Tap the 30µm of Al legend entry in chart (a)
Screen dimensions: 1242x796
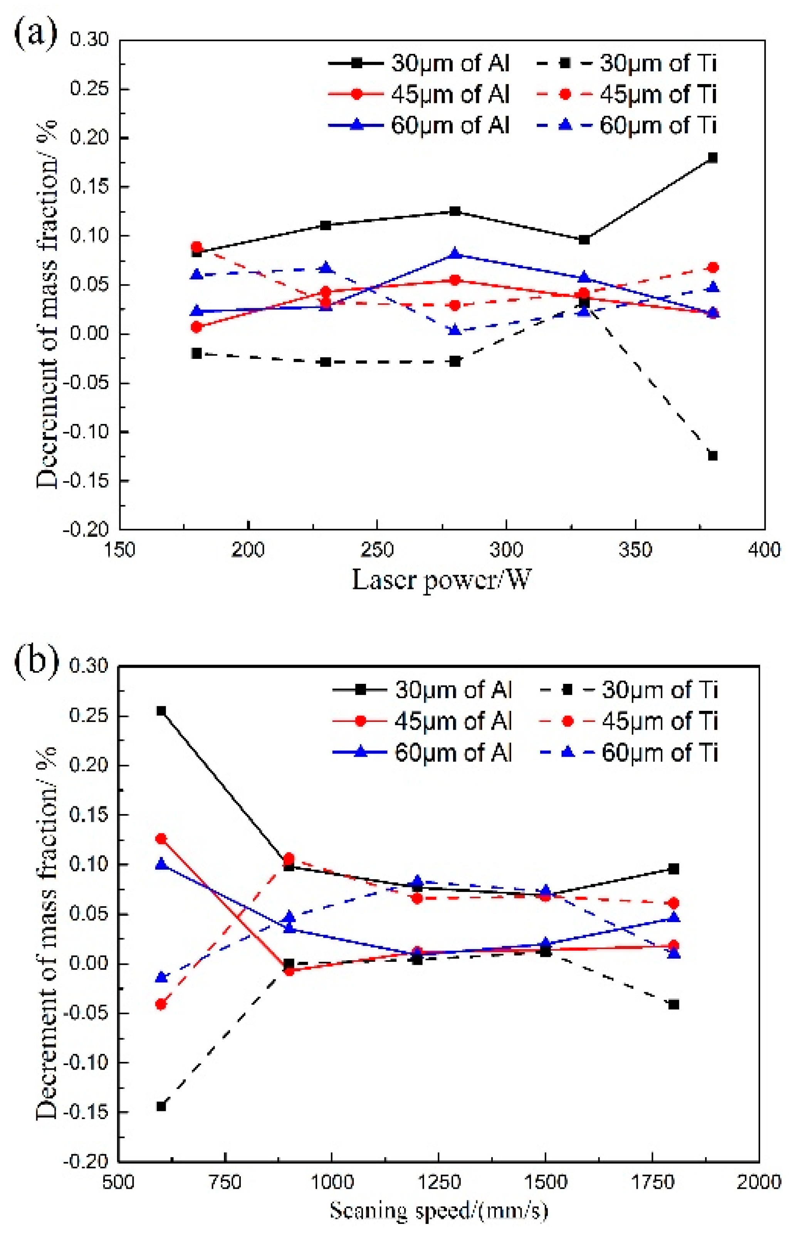[419, 64]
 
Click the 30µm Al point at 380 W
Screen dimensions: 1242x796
[713, 158]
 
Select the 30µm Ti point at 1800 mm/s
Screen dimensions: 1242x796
[673, 1005]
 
